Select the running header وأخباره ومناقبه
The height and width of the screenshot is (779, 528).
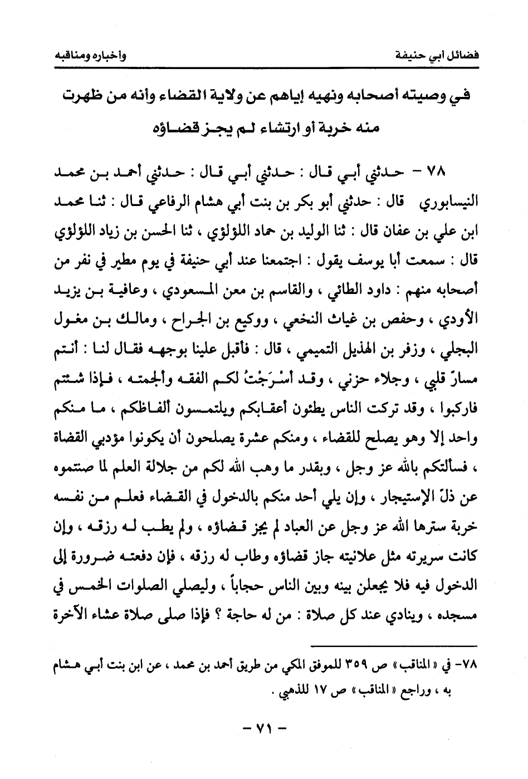click(x=91, y=55)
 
